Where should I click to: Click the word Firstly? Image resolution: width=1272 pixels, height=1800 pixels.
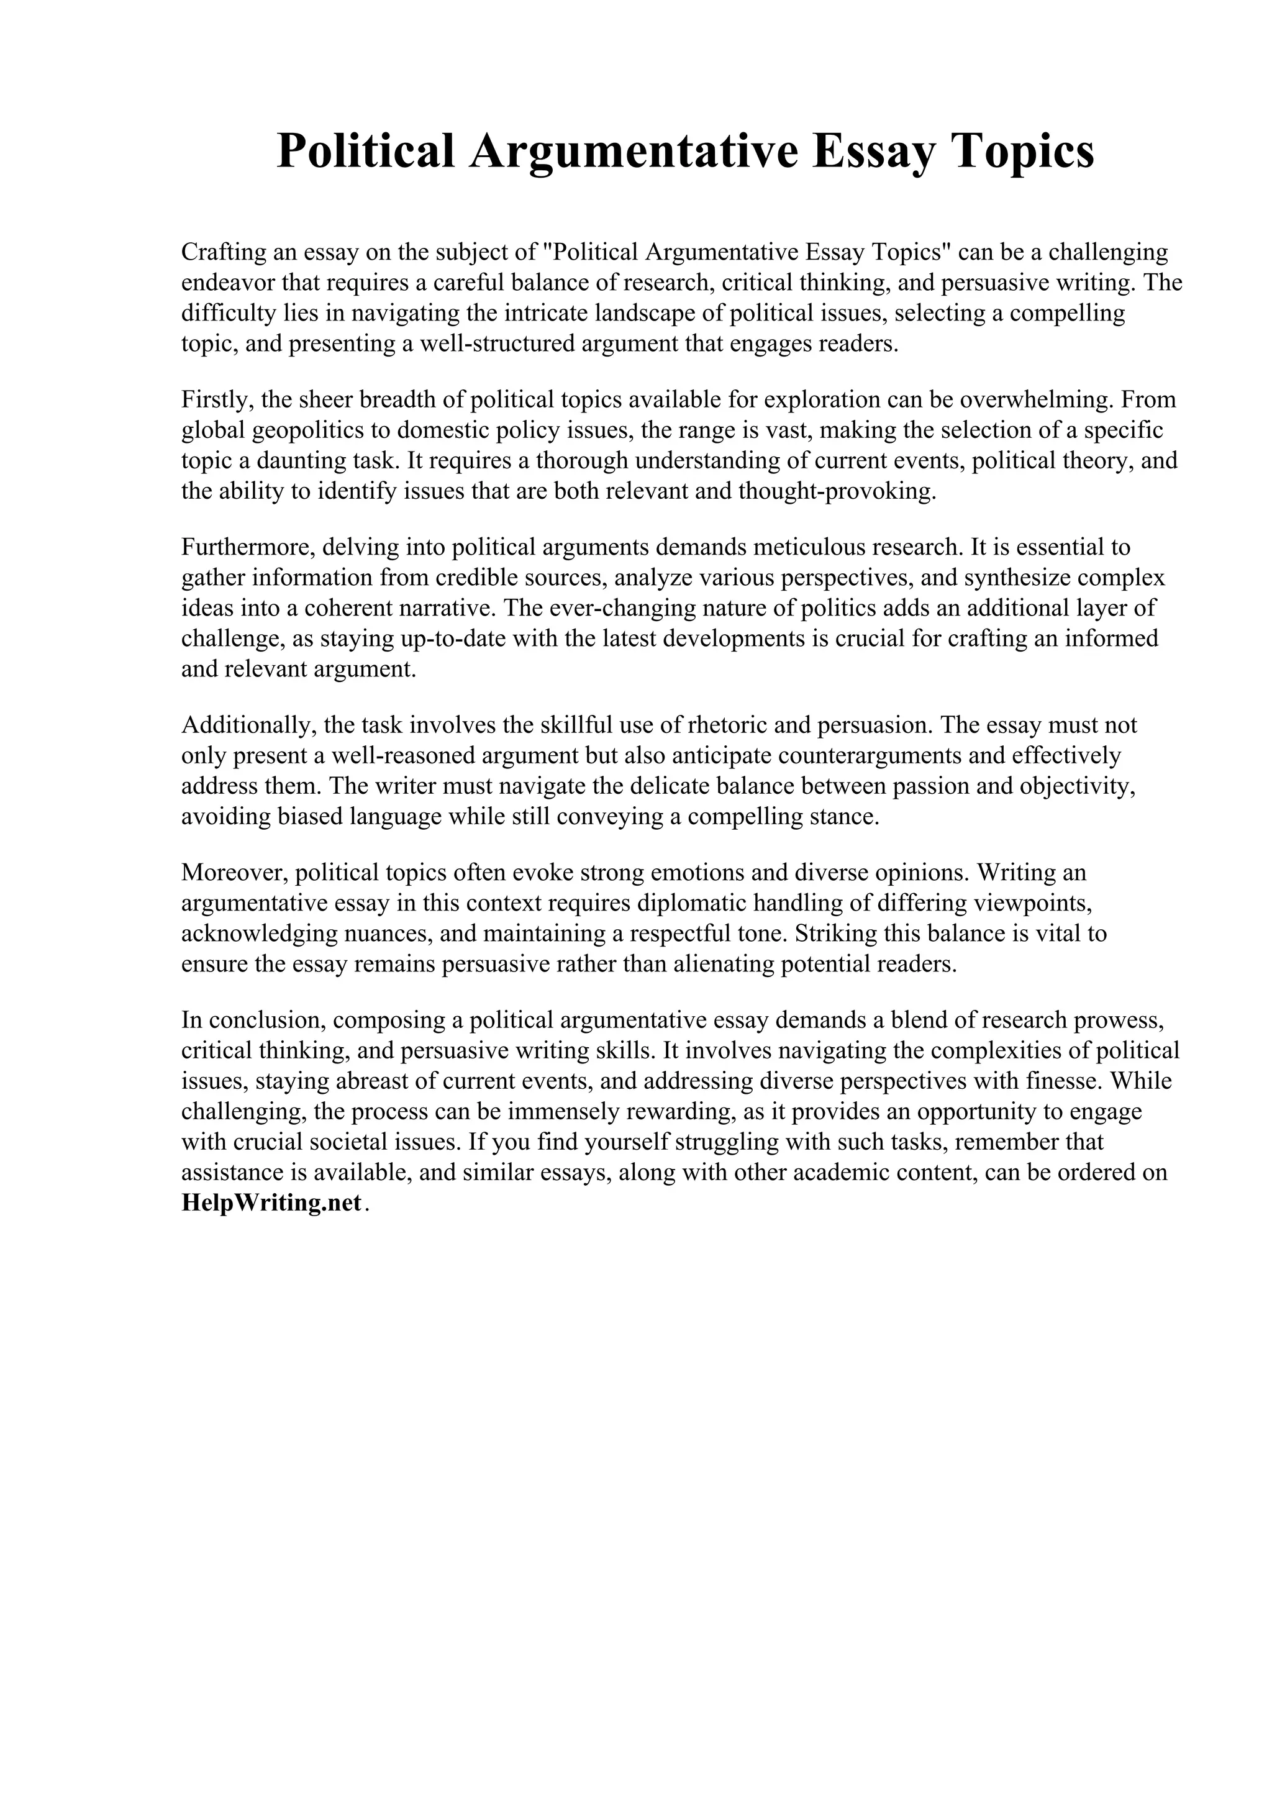pyautogui.click(x=217, y=400)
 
